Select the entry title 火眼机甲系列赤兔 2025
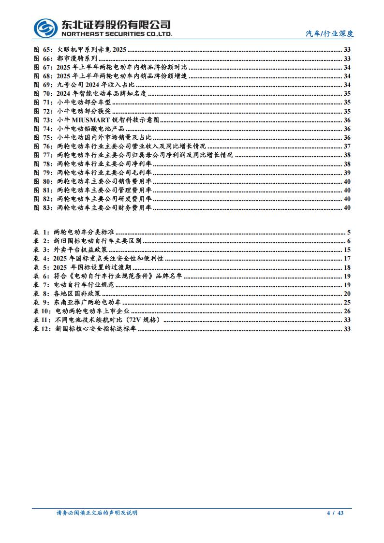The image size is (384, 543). (92, 50)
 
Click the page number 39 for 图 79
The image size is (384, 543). (347, 173)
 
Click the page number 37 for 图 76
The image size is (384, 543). (347, 146)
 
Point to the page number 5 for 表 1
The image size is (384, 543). (349, 233)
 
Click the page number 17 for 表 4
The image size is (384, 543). (347, 259)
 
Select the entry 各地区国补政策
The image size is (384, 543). (77, 294)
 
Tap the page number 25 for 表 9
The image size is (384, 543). (347, 302)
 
